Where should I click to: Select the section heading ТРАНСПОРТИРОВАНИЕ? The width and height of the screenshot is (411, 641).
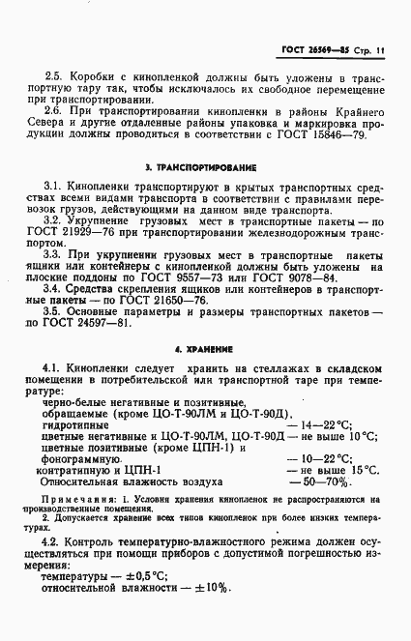[205, 167]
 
